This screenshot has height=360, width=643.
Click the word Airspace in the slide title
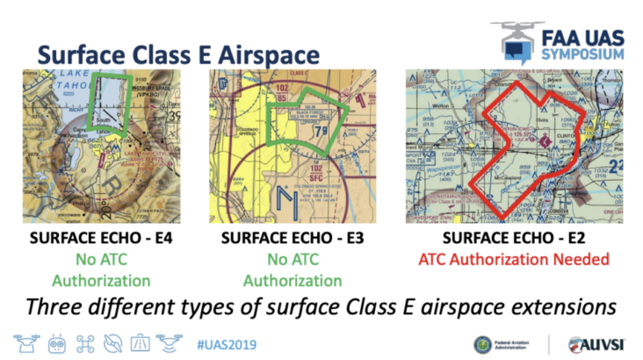pos(282,47)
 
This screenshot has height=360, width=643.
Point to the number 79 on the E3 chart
pos(322,133)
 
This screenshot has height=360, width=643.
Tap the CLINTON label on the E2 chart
pos(567,125)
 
